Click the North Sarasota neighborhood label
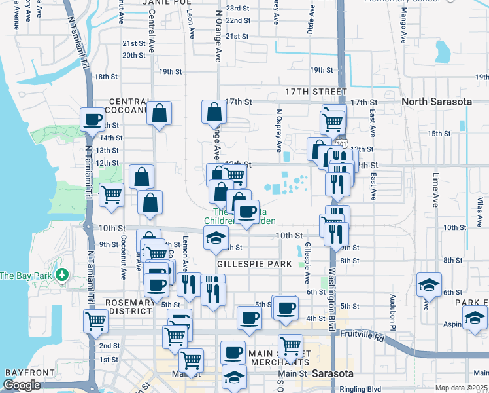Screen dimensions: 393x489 point(437,102)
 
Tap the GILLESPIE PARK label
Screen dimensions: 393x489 point(254,263)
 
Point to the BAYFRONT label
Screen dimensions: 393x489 point(25,372)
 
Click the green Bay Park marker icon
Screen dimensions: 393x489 point(63,274)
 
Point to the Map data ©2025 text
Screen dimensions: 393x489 point(461,388)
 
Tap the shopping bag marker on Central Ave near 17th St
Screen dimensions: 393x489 point(159,113)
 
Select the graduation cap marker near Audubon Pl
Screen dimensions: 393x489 point(429,284)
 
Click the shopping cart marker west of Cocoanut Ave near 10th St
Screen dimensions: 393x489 point(112,194)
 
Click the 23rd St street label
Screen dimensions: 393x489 point(238,8)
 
